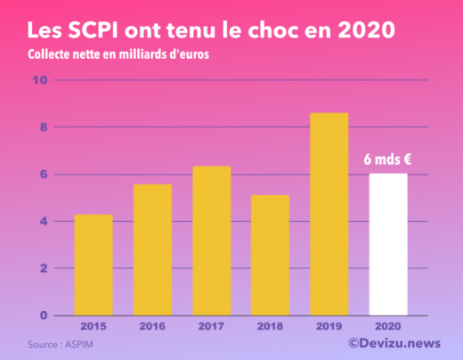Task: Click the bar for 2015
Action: (93, 265)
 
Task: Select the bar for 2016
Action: (152, 250)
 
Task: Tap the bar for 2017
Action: (211, 241)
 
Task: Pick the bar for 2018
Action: (270, 255)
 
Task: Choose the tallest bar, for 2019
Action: (329, 214)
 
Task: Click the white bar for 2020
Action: (388, 244)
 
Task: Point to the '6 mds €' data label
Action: (388, 160)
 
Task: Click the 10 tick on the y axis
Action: (39, 80)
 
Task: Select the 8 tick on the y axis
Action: (42, 127)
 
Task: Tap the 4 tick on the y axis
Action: (42, 221)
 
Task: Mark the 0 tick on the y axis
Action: (42, 315)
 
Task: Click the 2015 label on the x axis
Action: (93, 326)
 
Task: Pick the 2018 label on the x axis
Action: (270, 326)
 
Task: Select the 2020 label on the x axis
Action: (388, 326)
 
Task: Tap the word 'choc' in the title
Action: (293, 29)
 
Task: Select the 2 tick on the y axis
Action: (42, 268)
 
